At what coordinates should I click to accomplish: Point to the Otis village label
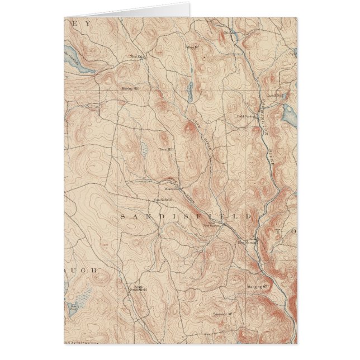228,32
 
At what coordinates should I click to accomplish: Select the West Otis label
137,56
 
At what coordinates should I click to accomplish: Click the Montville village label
170,188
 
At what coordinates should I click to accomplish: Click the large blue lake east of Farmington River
290,115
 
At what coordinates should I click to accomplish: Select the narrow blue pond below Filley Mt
190,90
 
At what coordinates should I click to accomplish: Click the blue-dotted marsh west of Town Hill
144,149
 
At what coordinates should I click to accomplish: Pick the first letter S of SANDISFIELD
122,215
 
